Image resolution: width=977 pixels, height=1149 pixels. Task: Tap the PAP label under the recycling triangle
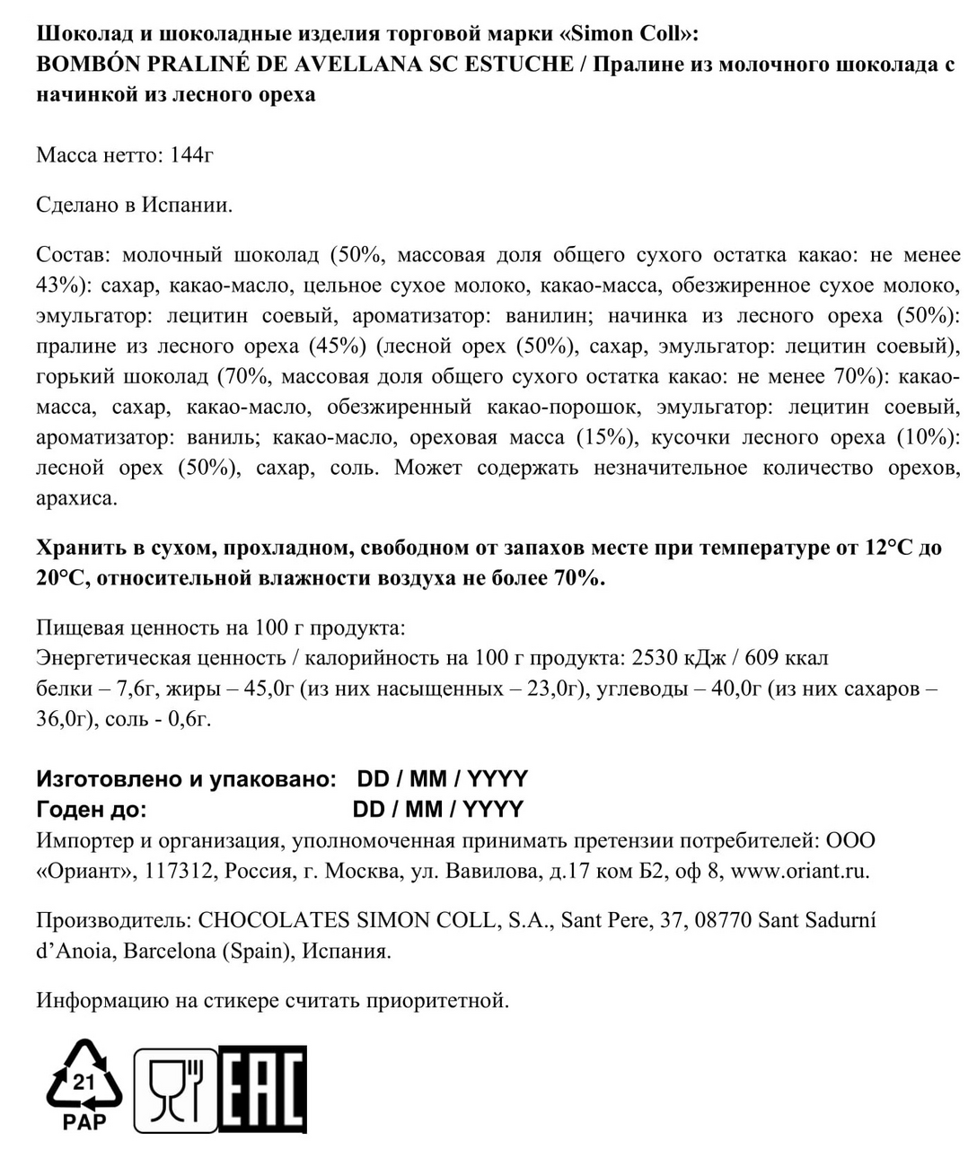tap(84, 1120)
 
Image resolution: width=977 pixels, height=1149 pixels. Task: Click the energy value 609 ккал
tap(788, 658)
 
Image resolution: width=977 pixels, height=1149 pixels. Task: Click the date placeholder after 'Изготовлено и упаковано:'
tap(442, 778)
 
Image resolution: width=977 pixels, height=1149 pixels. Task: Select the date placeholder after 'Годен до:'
tap(437, 809)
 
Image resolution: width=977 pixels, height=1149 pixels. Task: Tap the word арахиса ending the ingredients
tap(76, 498)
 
